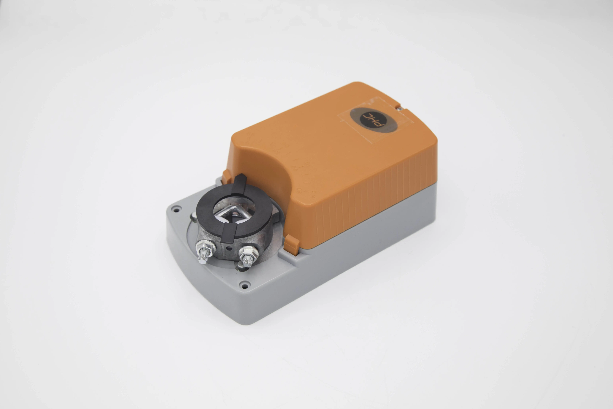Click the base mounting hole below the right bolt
(x=244, y=286)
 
